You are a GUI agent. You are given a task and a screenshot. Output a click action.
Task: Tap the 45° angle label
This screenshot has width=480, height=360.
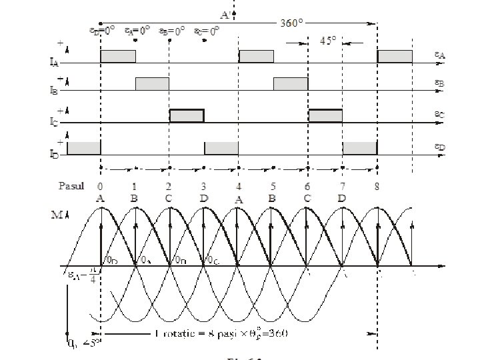pyautogui.click(x=328, y=40)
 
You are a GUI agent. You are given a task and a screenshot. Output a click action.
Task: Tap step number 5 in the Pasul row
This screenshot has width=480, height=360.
pyautogui.click(x=273, y=186)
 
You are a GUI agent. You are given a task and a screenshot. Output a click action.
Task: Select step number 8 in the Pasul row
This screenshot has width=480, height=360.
pyautogui.click(x=377, y=186)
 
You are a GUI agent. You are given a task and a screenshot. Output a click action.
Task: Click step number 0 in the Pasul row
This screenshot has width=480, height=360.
pyautogui.click(x=100, y=186)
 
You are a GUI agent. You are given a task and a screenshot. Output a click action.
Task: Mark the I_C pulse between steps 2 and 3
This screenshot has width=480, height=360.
pyautogui.click(x=187, y=115)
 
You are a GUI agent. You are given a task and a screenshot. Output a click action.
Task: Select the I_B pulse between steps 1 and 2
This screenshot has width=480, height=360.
pyautogui.click(x=152, y=83)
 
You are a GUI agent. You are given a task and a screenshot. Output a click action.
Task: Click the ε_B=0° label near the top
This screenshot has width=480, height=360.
pyautogui.click(x=171, y=31)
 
